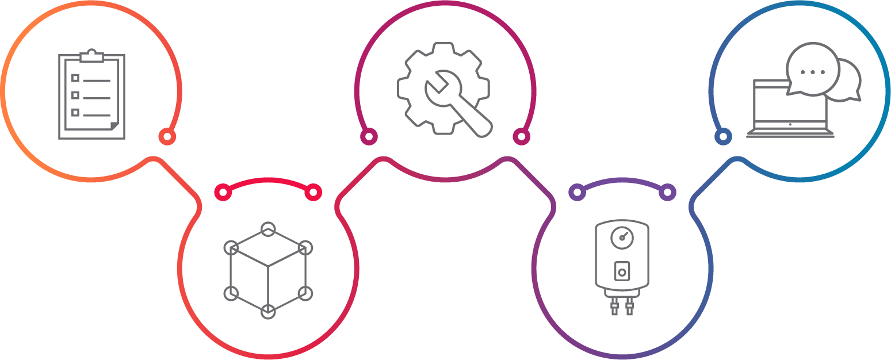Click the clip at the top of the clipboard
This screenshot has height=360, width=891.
point(92,56)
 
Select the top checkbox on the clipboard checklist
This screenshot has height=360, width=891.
point(75,78)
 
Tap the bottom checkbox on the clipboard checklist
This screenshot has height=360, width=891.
point(75,112)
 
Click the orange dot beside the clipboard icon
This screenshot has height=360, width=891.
point(167,136)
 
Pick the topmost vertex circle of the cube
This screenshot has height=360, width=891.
point(268,229)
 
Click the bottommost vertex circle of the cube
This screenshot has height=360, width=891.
point(268,311)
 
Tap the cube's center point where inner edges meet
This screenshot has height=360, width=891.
point(268,266)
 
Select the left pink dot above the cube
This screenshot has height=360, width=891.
point(223,192)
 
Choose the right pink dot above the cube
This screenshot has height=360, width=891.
point(313,192)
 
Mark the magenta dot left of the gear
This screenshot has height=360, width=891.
point(369,136)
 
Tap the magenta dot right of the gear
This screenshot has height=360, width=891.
point(521,136)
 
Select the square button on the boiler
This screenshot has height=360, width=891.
point(622,271)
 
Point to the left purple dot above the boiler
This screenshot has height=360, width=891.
point(577,192)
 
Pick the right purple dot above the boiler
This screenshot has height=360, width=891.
point(667,192)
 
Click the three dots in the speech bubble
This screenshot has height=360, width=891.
point(813,72)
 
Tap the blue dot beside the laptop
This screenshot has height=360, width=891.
point(723,136)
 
